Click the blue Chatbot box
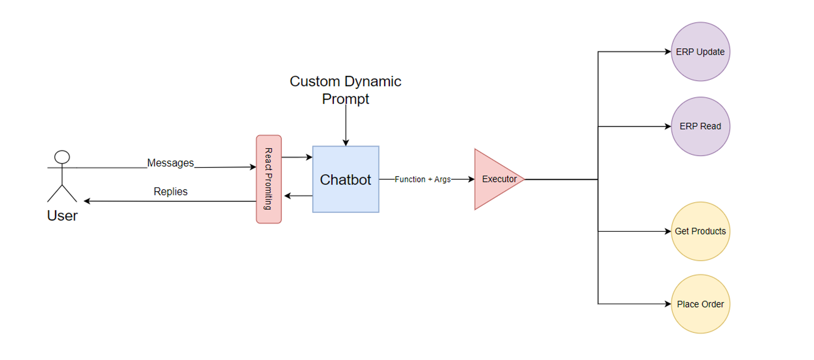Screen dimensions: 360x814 (346, 179)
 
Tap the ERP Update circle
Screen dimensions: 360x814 (700, 52)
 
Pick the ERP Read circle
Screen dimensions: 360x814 (700, 126)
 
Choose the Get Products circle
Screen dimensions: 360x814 (700, 231)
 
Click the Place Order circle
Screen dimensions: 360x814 (700, 304)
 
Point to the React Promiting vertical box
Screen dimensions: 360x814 (269, 179)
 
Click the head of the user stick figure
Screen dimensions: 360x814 (62, 157)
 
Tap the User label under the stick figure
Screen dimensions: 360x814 (62, 215)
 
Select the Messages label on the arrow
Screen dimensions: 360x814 (170, 163)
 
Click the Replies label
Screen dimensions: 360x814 (170, 191)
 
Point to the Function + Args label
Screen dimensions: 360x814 (422, 179)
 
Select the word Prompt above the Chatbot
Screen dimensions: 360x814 (345, 99)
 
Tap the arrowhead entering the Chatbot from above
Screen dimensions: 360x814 (346, 143)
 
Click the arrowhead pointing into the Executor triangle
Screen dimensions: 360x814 (472, 179)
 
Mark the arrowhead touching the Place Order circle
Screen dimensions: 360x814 (668, 304)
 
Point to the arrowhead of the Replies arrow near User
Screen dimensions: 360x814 (87, 201)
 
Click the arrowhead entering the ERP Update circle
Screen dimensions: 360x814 (668, 52)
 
